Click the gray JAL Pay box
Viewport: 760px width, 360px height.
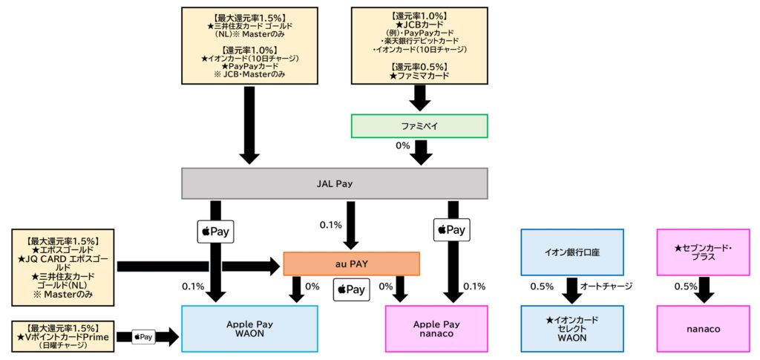click(x=334, y=183)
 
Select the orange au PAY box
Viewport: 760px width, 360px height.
click(x=351, y=264)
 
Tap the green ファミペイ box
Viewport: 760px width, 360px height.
click(x=419, y=126)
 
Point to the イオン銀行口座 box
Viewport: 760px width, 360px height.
click(x=571, y=252)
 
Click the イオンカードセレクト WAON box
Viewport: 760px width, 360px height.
click(x=571, y=328)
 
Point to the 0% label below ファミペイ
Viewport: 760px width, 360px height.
click(x=403, y=145)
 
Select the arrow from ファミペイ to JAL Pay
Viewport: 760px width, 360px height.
click(x=422, y=152)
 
